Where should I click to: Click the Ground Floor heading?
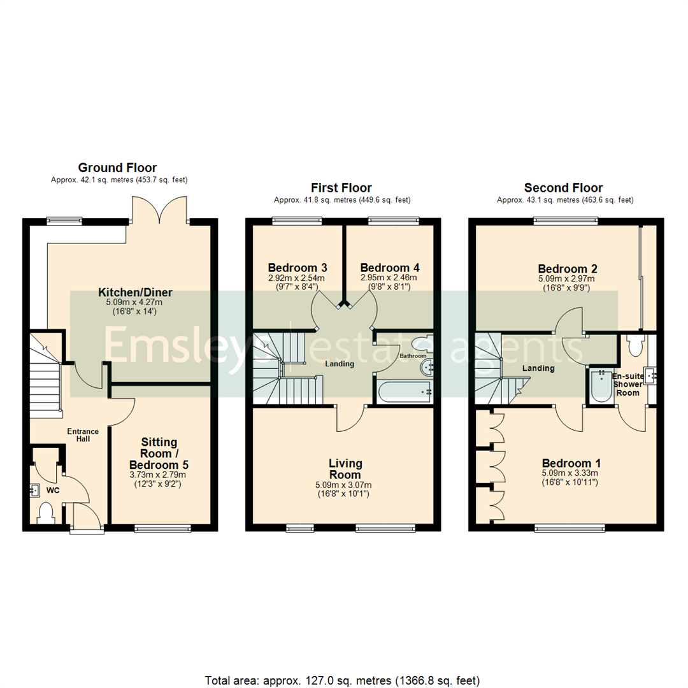coord(117,168)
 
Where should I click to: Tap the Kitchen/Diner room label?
coord(135,292)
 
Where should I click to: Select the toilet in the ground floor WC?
coord(46,513)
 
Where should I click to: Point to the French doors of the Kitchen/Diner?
coord(159,210)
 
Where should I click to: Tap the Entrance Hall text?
coord(79,434)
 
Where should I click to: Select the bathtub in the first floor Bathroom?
coord(405,392)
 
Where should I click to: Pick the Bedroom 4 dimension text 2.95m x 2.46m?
coord(389,278)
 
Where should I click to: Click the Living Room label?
coord(345,469)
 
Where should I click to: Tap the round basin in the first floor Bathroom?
coord(427,366)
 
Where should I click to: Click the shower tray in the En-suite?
coord(600,385)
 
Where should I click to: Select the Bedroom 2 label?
coord(567,268)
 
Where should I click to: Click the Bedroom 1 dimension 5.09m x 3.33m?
coord(571,473)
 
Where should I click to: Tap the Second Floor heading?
coord(563,188)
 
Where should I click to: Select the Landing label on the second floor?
coord(539,368)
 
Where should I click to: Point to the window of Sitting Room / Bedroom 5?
coord(163,527)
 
